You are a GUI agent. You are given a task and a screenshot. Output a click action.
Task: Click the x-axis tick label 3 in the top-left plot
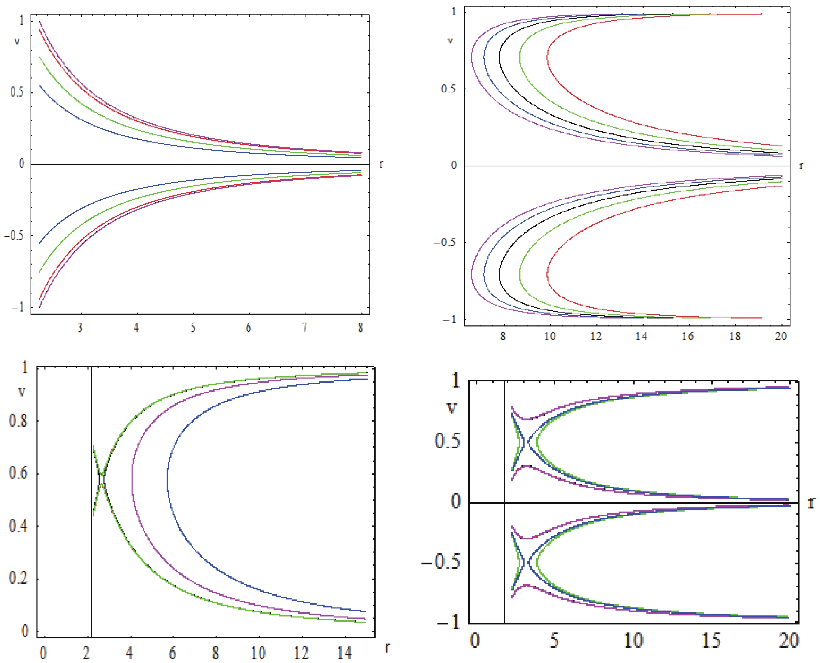pos(80,328)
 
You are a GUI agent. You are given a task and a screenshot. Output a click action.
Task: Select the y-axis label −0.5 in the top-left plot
pos(14,235)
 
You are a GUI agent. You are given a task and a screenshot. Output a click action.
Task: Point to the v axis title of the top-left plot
pos(17,41)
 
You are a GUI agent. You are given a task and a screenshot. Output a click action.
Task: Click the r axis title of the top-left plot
pos(381,164)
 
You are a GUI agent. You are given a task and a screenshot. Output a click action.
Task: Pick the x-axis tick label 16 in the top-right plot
pos(687,337)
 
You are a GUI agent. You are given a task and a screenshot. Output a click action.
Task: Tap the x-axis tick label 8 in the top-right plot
pos(503,337)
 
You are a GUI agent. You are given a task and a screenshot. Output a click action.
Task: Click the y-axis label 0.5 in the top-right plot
pos(448,89)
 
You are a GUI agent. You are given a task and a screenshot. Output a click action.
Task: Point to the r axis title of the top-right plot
pos(801,166)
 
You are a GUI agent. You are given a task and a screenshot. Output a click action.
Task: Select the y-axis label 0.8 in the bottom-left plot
pos(18,421)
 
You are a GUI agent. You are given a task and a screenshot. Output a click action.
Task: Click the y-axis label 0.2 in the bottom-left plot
pos(18,578)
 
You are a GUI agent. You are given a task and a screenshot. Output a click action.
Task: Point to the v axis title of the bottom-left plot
pos(22,391)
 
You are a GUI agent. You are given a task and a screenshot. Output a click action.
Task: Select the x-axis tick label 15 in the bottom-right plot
pos(711,640)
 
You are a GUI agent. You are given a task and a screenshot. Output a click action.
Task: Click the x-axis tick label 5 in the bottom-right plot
pos(554,640)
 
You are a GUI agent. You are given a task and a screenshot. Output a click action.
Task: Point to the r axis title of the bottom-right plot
pos(811,503)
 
